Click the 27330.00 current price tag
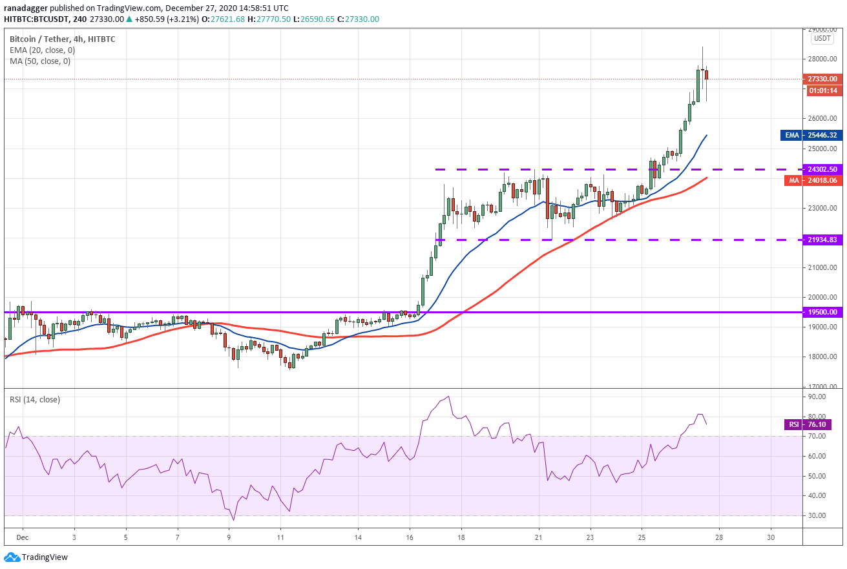point(822,79)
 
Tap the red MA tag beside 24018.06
point(794,181)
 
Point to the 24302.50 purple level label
point(822,169)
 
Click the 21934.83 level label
point(822,240)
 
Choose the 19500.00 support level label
point(822,311)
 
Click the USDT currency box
point(822,38)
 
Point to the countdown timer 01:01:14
point(822,90)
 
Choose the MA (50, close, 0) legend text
point(40,61)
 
